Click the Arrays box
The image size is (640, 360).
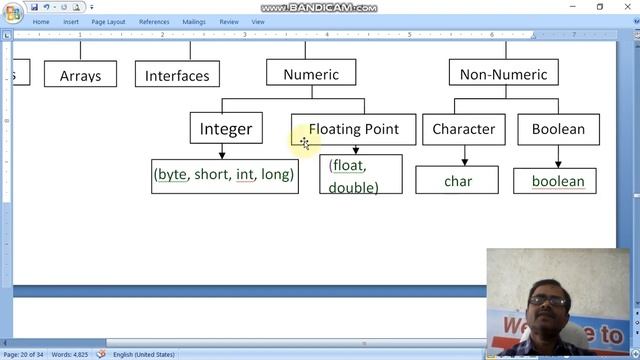pos(80,75)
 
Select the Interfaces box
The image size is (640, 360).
pos(177,75)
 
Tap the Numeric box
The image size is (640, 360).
pos(311,74)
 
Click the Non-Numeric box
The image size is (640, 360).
pos(503,74)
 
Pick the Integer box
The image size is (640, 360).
pos(226,128)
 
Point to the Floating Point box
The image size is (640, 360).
pos(353,129)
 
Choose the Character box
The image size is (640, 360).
pos(463,129)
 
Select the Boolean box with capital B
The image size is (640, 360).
pos(558,129)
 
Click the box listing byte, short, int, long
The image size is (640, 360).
pos(224,175)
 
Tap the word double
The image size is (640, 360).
pos(353,187)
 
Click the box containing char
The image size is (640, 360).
pos(457,181)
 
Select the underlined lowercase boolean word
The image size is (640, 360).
pos(557,181)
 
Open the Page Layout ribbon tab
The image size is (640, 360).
pos(109,21)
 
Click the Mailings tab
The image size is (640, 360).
pos(194,21)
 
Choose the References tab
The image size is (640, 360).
pos(154,21)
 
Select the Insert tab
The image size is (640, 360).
pos(71,21)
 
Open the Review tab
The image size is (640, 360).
pos(229,21)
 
